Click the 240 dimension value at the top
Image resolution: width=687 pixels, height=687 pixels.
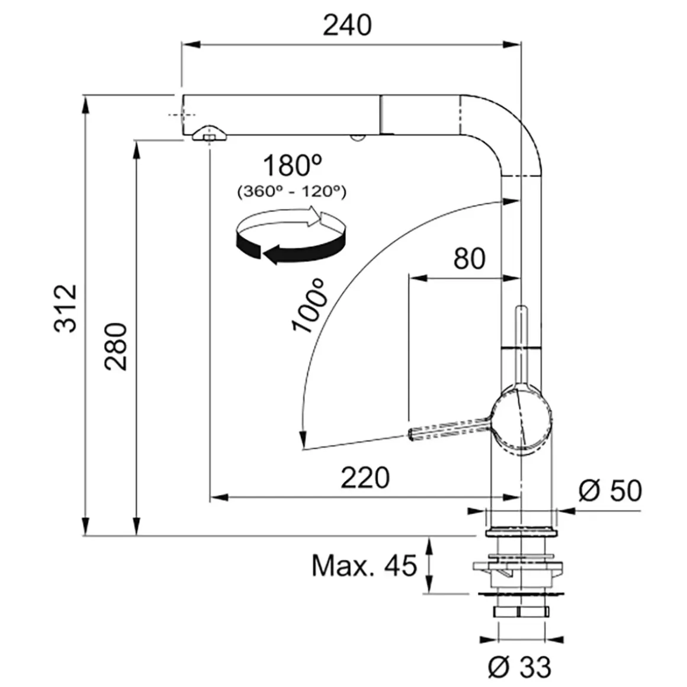click(347, 25)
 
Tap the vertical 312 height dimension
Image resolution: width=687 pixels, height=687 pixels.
click(66, 308)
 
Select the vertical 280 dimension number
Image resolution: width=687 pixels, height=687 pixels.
click(116, 346)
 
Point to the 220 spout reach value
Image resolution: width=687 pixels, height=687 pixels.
click(365, 477)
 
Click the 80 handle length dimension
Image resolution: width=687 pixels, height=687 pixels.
click(469, 258)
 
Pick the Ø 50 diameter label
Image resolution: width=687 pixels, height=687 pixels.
click(610, 490)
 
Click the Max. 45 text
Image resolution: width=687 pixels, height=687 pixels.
click(364, 566)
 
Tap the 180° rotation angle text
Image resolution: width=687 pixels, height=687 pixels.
click(293, 165)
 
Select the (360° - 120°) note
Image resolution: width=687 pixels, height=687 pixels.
click(292, 191)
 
